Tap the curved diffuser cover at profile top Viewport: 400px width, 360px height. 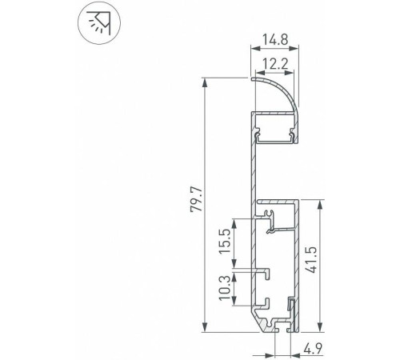(280, 88)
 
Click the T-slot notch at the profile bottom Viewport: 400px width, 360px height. (277, 326)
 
